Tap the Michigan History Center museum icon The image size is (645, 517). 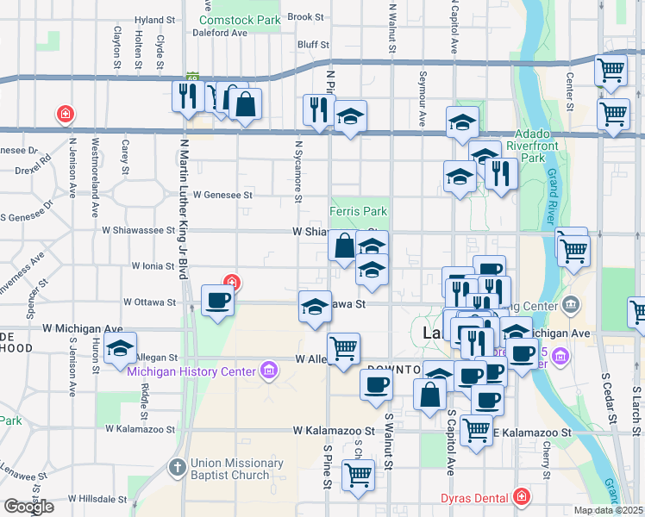click(x=269, y=371)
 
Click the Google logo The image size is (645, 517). click(x=28, y=507)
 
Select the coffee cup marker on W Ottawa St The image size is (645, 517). click(x=216, y=301)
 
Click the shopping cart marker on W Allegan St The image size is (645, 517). click(x=344, y=348)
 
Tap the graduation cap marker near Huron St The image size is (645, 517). click(x=120, y=349)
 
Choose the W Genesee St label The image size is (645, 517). click(x=222, y=196)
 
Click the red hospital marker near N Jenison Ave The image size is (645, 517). click(x=65, y=114)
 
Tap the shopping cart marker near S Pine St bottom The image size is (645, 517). click(x=358, y=473)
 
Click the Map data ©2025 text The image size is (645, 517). click(x=608, y=510)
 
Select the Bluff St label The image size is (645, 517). click(x=312, y=45)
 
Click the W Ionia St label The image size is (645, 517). click(x=153, y=266)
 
